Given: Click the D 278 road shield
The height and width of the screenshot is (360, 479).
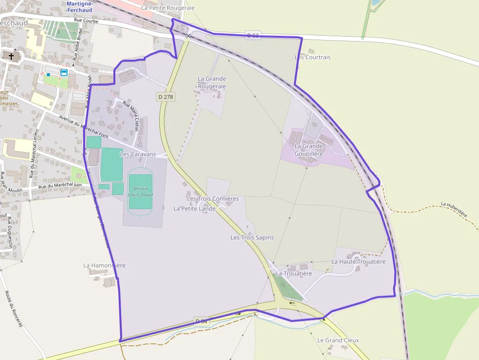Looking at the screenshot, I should [166, 97].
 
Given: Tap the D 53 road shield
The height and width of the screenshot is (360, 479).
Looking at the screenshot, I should [253, 35].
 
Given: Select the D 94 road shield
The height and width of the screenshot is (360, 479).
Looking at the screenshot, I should [201, 321].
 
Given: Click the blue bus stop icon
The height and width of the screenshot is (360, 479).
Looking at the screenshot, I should [64, 73].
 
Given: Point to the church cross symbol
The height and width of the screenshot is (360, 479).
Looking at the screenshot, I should [11, 56].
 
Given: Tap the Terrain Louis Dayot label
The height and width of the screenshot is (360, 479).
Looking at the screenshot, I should [140, 191].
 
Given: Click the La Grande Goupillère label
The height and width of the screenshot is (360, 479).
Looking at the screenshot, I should [309, 149].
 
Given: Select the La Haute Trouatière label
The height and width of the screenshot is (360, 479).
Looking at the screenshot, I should [358, 261].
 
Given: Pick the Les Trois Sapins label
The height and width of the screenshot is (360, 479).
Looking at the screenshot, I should [252, 237].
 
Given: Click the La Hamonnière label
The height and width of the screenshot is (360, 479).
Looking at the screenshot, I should [104, 265].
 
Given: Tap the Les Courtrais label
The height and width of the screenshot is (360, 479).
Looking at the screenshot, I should [313, 57].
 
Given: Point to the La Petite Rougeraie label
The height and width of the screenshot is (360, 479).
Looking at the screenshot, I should [168, 8].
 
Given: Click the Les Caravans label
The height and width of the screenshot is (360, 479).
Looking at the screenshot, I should [138, 154].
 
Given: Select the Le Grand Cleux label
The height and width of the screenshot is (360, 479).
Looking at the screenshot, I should [338, 340].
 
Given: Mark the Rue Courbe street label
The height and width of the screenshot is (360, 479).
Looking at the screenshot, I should [87, 21].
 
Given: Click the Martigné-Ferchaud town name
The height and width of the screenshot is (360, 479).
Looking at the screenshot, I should [80, 7].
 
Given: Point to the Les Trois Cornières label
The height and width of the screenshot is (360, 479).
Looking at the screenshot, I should [213, 198].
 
